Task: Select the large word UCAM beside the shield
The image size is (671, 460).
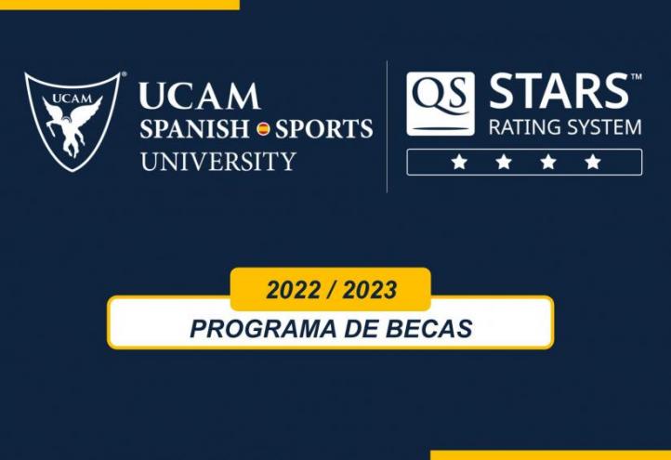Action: (200, 97)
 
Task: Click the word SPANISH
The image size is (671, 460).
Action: (194, 128)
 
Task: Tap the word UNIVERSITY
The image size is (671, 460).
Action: (217, 160)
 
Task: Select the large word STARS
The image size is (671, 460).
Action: (559, 93)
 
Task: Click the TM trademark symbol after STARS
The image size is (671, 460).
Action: (636, 78)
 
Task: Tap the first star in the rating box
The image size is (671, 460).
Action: (458, 162)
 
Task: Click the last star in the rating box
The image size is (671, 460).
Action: (592, 162)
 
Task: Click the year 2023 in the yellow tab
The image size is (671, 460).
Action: (369, 290)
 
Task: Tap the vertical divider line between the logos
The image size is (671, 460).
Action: (387, 126)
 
